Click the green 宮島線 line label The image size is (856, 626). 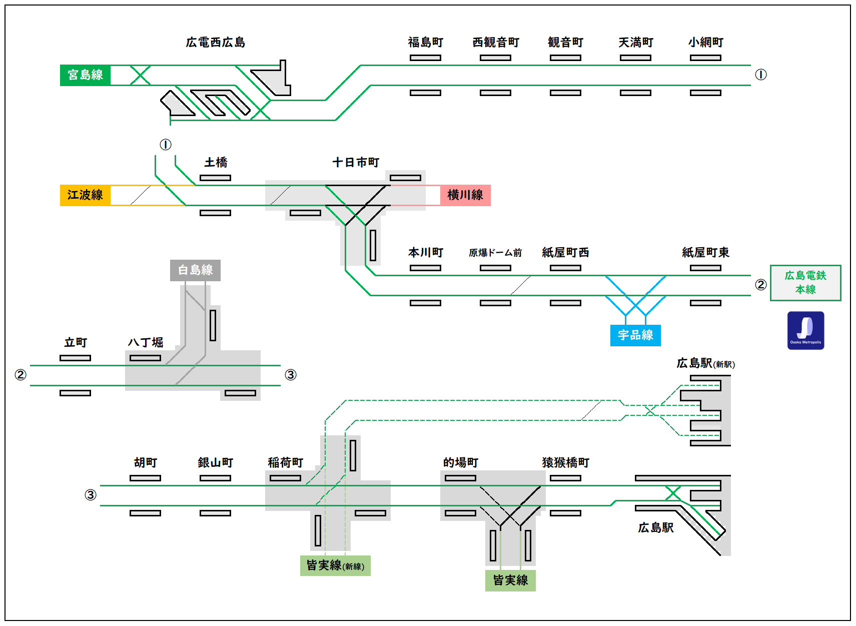[x=85, y=75]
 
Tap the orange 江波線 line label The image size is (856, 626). [x=85, y=195]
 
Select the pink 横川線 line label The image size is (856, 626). [x=465, y=195]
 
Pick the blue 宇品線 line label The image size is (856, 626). [x=635, y=335]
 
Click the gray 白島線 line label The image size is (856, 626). [x=195, y=270]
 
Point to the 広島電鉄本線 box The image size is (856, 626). [x=805, y=283]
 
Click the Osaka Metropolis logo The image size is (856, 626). [x=805, y=330]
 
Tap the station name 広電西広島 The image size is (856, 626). [x=216, y=43]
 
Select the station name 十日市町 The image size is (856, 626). [x=356, y=163]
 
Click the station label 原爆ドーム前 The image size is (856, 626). [x=495, y=253]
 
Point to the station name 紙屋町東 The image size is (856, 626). [x=705, y=253]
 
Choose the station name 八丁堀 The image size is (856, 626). [x=146, y=343]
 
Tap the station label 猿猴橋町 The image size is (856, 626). [x=565, y=463]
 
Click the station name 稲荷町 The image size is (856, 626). [x=285, y=463]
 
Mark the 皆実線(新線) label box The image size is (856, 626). [x=335, y=565]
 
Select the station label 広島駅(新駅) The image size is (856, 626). [x=705, y=363]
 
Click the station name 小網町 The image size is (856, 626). [x=705, y=43]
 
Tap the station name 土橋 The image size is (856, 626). [x=216, y=163]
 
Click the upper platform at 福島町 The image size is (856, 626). [x=425, y=58]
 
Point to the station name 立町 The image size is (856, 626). [x=76, y=343]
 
